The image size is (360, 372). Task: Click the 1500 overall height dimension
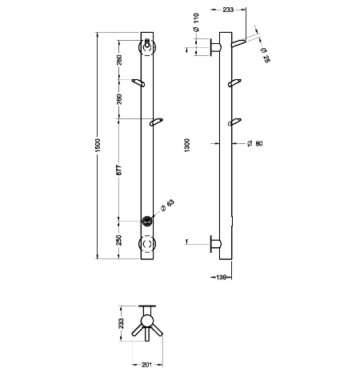(x=98, y=146)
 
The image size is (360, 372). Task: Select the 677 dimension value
(x=119, y=170)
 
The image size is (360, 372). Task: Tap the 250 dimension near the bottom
(x=119, y=240)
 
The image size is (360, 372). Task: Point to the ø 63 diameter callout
(x=168, y=205)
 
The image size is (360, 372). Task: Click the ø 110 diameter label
(x=196, y=22)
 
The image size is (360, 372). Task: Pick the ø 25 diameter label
(x=265, y=55)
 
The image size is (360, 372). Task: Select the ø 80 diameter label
(x=255, y=143)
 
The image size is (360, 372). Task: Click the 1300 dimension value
(x=187, y=146)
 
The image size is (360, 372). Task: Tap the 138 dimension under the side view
(x=222, y=278)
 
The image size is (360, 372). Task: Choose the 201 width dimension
(x=147, y=365)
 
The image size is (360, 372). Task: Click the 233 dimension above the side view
(x=228, y=10)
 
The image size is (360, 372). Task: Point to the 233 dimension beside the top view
(x=121, y=323)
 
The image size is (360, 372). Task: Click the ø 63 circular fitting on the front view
(x=147, y=221)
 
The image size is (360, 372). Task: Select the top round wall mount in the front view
(x=147, y=47)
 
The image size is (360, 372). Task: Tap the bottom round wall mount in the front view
(x=147, y=244)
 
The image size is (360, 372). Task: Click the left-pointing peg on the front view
(x=138, y=82)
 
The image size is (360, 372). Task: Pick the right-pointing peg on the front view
(x=156, y=122)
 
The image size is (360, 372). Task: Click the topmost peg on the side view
(x=238, y=42)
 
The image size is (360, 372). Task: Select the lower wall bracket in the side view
(x=216, y=244)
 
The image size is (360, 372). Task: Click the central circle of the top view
(x=147, y=321)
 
